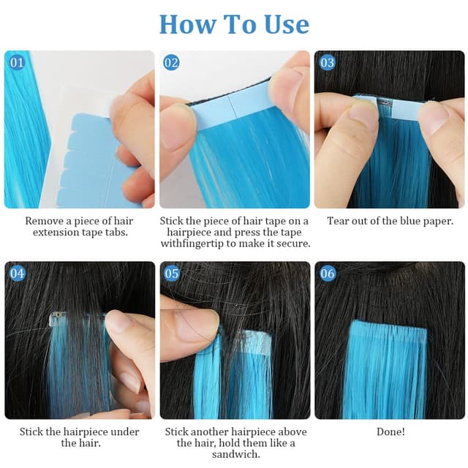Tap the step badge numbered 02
[171, 63]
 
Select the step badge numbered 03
[327, 63]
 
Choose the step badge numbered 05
[172, 273]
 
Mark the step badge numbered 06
[327, 273]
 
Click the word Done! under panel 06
[390, 432]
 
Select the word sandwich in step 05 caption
[235, 455]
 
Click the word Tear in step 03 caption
[339, 220]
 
